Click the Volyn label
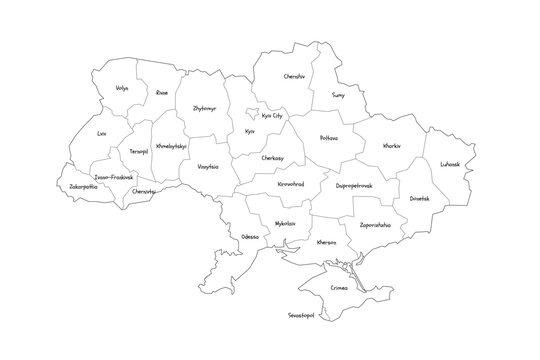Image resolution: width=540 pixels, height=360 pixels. [x=122, y=89]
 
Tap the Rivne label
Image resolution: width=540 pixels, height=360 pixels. [x=162, y=93]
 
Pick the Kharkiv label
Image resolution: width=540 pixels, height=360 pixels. [x=394, y=146]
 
